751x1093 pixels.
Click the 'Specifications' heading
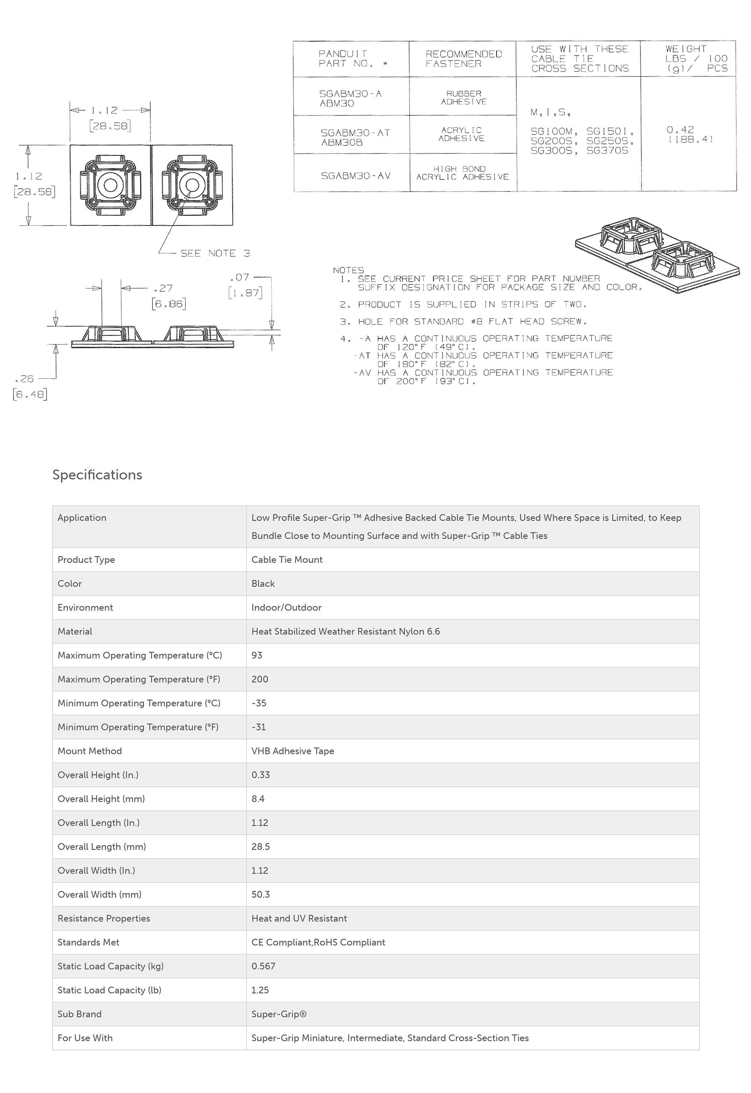tap(97, 475)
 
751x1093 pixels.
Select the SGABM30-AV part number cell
tap(356, 175)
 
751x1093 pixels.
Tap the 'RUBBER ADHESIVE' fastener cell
tap(463, 97)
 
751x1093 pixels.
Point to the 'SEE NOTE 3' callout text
tap(215, 253)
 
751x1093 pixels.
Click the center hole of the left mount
tap(110, 185)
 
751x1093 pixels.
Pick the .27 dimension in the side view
tap(163, 288)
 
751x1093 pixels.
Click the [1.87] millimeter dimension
tap(245, 293)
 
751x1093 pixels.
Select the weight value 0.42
tap(680, 130)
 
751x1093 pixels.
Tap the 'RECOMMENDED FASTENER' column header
tap(463, 59)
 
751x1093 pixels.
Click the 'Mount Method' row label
tap(89, 751)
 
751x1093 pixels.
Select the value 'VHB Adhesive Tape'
tap(293, 751)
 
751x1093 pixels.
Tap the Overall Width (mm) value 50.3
tap(260, 894)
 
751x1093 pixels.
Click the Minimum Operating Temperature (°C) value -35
tap(259, 703)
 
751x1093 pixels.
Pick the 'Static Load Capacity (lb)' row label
tap(109, 990)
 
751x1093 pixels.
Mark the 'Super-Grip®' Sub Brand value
tap(279, 1014)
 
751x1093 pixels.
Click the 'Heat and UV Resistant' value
tap(299, 918)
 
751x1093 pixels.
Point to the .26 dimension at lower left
tap(24, 379)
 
